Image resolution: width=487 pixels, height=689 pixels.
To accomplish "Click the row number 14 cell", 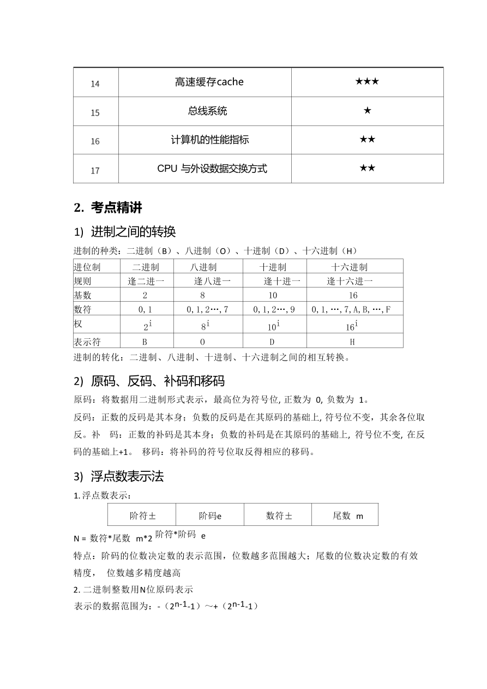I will [x=95, y=83].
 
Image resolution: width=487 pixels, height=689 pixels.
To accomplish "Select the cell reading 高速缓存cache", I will [x=209, y=82].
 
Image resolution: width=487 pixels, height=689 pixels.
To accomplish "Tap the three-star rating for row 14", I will [x=367, y=82].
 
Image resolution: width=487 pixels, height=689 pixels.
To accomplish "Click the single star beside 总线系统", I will [x=367, y=111].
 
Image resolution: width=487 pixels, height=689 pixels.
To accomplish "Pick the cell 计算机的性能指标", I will [x=209, y=140].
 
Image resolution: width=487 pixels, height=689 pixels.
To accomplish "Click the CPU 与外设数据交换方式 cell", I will [x=212, y=169].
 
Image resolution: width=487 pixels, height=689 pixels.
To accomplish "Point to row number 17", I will [x=95, y=170].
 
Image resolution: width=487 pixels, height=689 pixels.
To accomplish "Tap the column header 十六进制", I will [x=349, y=267].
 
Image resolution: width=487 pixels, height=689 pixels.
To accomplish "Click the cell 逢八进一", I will [x=212, y=281].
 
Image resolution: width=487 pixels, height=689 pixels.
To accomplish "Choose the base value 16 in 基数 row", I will [x=353, y=295].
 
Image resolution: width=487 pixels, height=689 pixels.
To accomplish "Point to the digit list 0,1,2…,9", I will [x=274, y=309].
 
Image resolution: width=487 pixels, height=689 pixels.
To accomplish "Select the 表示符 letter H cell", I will [x=352, y=342].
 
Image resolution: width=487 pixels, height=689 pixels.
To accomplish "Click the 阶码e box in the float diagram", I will [x=210, y=516].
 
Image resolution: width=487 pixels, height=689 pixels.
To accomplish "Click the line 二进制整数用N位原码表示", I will [x=134, y=590].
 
